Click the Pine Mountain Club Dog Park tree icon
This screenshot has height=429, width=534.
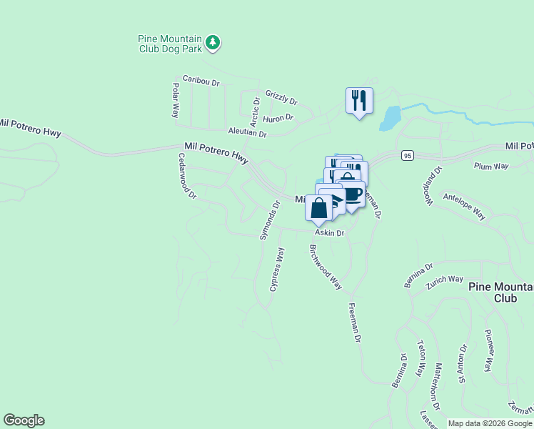213,43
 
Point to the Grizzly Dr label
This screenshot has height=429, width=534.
281,97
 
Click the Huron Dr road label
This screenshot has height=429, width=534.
278,118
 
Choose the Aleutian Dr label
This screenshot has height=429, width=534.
247,133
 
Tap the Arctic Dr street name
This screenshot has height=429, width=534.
255,108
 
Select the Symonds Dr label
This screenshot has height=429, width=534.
268,220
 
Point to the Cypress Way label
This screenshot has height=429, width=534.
277,270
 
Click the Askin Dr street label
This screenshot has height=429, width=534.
330,233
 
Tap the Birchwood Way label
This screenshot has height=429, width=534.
326,267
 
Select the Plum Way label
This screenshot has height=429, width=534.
491,166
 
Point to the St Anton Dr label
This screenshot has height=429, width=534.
463,365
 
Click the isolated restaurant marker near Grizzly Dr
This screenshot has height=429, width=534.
359,100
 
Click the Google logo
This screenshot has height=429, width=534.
24,420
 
